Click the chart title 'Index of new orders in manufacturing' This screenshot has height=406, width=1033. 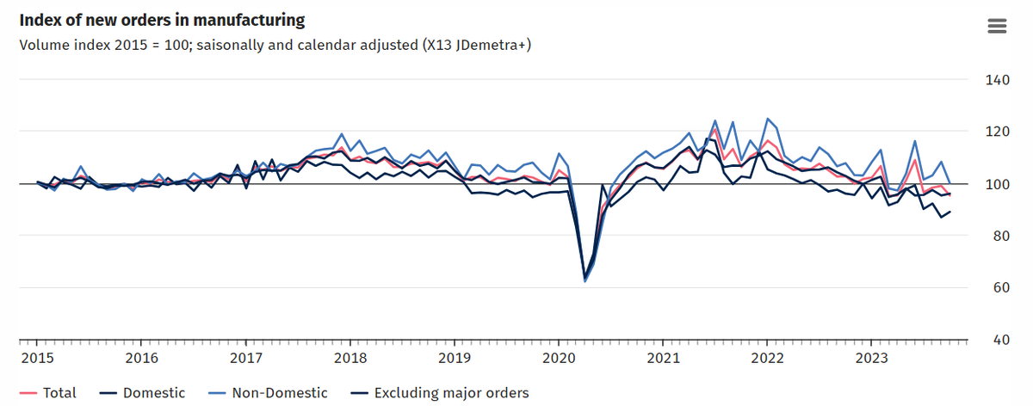pyautogui.click(x=162, y=19)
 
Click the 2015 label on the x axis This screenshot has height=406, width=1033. pyautogui.click(x=37, y=357)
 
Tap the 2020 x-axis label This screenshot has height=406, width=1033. pyautogui.click(x=558, y=357)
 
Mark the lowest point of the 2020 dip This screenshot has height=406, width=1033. pyautogui.click(x=585, y=280)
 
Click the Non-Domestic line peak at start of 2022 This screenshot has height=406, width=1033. pyautogui.click(x=767, y=119)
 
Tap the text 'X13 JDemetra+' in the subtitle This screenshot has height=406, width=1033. pyautogui.click(x=478, y=44)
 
